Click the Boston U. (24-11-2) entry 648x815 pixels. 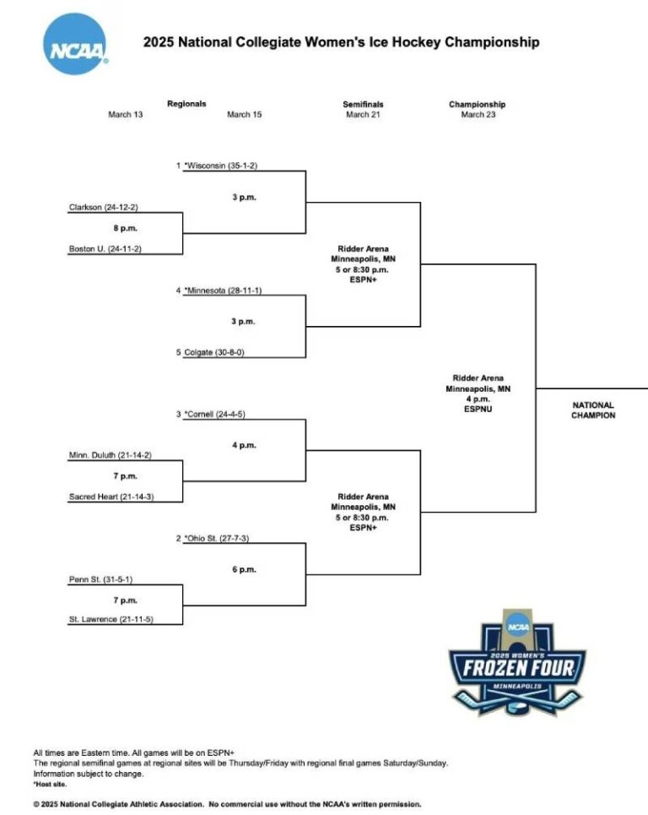105,248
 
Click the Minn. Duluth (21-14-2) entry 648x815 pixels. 111,455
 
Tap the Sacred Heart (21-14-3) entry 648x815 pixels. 111,497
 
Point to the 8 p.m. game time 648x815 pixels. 126,228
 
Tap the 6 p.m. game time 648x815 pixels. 244,569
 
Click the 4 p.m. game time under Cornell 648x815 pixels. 244,445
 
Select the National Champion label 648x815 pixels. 593,410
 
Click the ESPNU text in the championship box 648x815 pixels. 478,409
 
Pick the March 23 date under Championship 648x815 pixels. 478,115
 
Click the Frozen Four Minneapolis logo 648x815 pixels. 517,664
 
